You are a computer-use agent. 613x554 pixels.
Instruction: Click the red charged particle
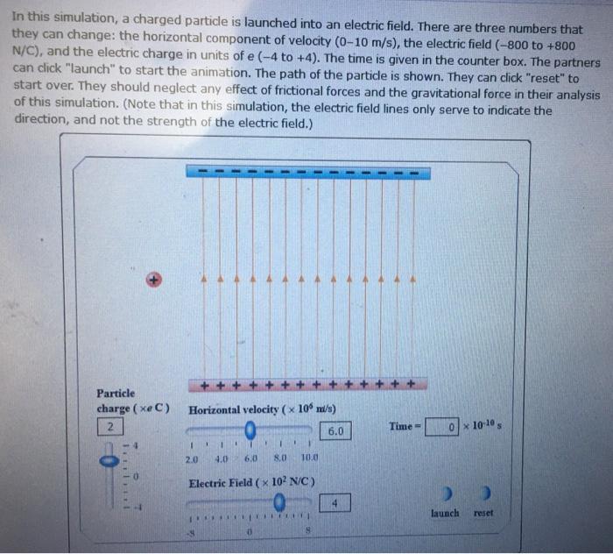tap(153, 280)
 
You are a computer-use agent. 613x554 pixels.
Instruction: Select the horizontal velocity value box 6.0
tap(336, 432)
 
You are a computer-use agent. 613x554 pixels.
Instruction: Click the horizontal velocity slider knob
tap(250, 430)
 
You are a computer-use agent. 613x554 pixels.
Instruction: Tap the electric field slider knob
tap(279, 502)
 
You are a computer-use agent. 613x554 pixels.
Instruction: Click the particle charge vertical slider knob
tap(109, 457)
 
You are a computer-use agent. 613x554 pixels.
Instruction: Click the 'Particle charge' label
tap(116, 393)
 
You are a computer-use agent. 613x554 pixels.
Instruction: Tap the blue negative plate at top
tap(305, 171)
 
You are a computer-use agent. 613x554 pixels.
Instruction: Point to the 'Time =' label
tap(404, 426)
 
